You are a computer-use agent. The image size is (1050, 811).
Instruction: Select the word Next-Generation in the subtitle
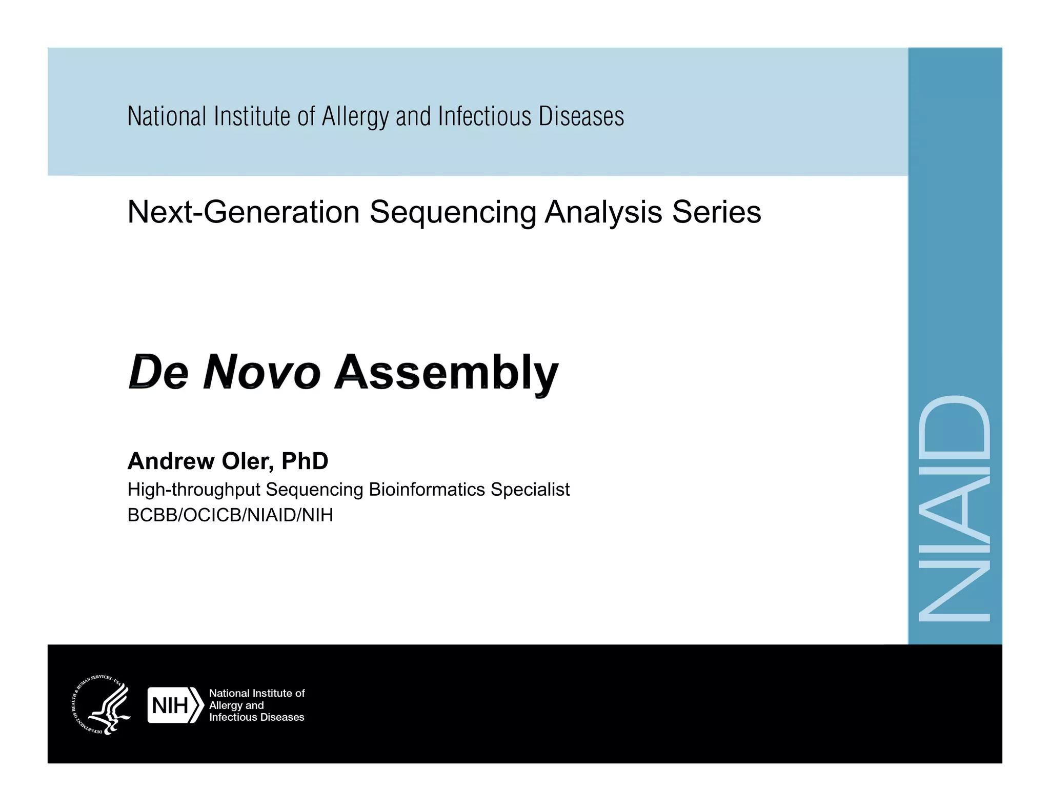244,212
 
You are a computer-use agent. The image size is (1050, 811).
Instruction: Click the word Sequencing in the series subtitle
453,212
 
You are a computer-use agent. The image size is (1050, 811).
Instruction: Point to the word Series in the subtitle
716,212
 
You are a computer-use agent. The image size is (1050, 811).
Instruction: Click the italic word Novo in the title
262,372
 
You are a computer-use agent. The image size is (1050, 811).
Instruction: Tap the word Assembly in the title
446,373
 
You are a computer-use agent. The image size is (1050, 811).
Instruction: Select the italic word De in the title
158,372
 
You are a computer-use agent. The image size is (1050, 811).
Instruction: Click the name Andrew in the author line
171,461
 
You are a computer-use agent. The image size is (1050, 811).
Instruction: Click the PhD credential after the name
305,461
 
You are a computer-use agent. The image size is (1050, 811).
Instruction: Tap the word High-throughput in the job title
194,490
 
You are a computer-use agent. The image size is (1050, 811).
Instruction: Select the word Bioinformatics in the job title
427,490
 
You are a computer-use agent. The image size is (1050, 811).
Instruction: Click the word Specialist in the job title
530,490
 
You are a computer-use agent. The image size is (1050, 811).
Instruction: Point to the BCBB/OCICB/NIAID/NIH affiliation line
230,515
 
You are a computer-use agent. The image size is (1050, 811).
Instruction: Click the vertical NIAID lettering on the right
955,509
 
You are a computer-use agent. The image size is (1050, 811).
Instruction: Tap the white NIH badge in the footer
174,705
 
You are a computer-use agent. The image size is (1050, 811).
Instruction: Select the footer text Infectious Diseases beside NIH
256,717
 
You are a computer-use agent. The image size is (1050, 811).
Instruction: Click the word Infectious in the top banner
484,116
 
